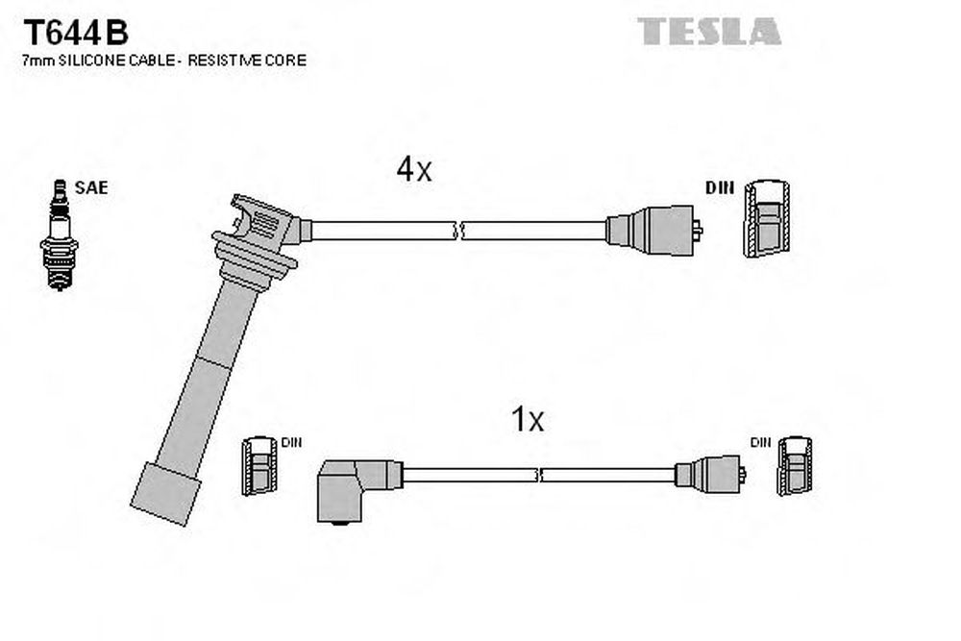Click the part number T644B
75,33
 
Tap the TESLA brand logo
709,32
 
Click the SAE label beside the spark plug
91,187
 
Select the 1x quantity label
527,420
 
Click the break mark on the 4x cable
458,231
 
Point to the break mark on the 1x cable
539,475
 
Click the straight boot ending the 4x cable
653,231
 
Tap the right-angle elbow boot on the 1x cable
358,491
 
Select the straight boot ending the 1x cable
710,474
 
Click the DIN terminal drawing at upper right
767,218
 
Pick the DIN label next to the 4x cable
720,187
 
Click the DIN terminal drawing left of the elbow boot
259,466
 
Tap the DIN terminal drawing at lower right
795,466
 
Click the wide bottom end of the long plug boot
166,494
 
